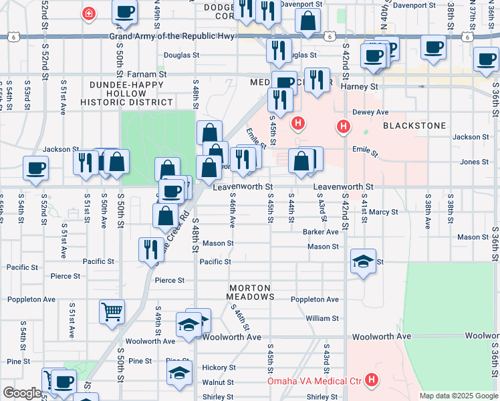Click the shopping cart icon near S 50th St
(112, 311)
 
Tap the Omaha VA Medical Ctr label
(314, 382)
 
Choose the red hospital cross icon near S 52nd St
(88, 13)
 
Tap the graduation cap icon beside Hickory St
(179, 373)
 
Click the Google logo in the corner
(21, 393)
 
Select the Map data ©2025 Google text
(458, 396)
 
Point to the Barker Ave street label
(320, 232)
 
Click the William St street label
(322, 319)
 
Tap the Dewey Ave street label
(370, 112)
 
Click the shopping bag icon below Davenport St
(307, 21)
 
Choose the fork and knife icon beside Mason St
(151, 249)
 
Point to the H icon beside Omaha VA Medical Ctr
(372, 382)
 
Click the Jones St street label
(474, 162)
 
